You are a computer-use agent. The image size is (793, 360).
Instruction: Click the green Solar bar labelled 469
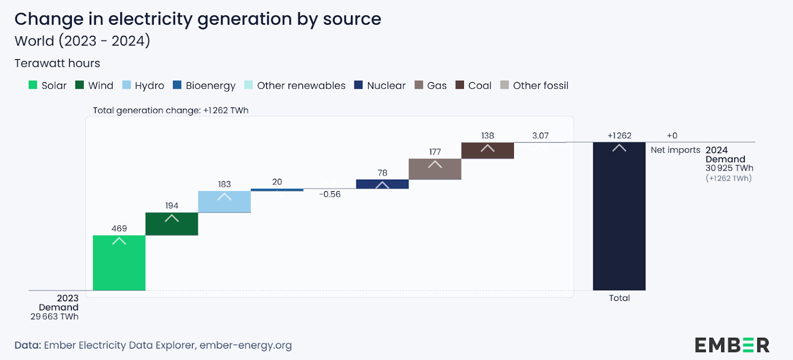click(119, 263)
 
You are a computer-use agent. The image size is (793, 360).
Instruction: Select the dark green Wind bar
click(171, 224)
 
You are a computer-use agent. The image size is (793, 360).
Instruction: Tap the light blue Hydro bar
click(224, 202)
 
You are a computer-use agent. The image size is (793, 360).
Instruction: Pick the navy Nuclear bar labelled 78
click(382, 184)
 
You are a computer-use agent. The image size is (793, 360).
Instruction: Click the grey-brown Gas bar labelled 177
click(435, 169)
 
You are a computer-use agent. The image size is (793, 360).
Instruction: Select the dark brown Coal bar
click(487, 151)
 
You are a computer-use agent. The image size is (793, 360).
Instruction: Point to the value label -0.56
click(330, 194)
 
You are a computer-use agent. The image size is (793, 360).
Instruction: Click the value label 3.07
click(540, 135)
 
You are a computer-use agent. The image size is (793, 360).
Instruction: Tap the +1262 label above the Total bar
click(620, 135)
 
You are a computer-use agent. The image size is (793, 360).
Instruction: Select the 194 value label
click(171, 205)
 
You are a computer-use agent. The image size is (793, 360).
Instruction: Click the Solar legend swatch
click(33, 85)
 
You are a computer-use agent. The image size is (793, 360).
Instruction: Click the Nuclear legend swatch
click(358, 85)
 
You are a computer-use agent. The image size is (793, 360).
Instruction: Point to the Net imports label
click(675, 150)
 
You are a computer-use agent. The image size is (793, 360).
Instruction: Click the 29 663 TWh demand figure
click(55, 316)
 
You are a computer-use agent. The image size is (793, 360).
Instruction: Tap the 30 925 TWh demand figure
click(729, 168)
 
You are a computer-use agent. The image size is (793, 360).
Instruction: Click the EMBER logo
click(732, 345)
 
